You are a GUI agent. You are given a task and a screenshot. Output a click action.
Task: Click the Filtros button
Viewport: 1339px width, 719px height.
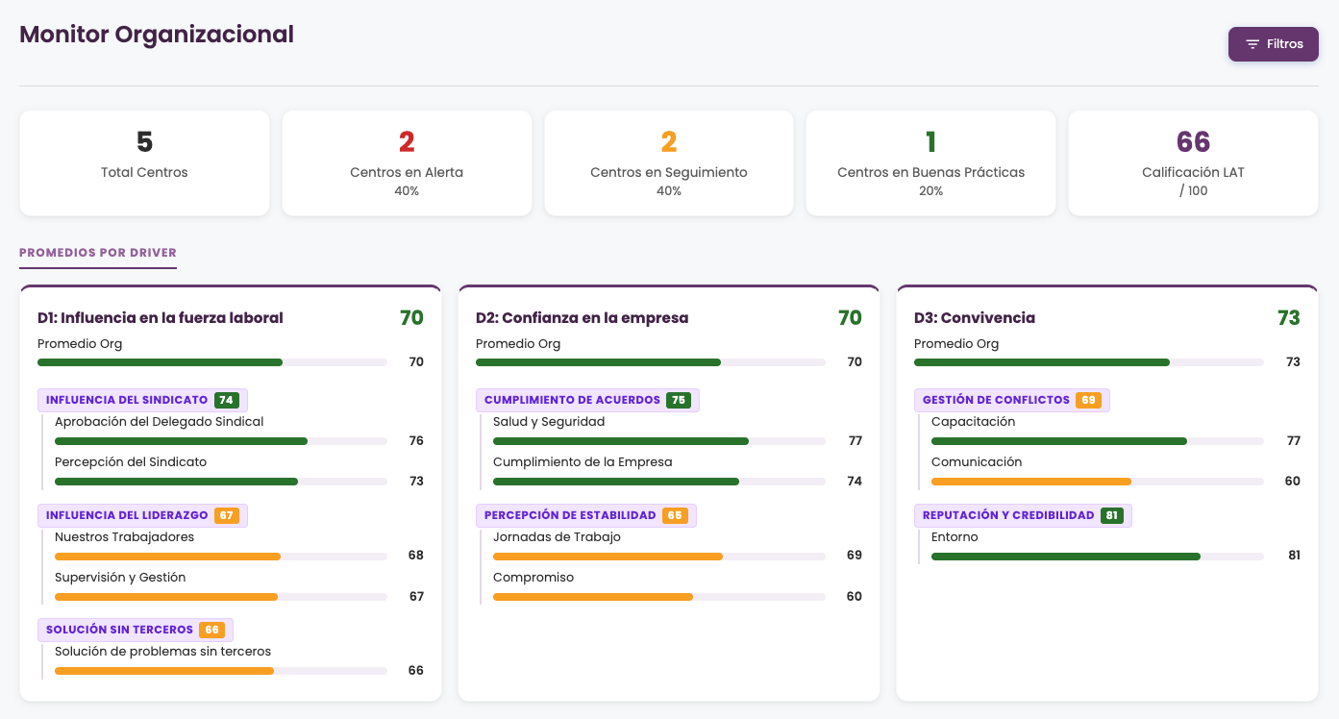(1274, 43)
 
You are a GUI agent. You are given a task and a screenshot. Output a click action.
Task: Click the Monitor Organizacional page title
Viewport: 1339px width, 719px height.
(157, 34)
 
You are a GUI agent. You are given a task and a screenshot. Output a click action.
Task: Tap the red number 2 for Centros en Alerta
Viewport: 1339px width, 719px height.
(407, 141)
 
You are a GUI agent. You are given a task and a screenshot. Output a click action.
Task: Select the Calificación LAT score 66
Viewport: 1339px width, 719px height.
(1193, 141)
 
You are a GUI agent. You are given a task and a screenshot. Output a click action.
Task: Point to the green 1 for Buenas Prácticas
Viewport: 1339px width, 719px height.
(930, 141)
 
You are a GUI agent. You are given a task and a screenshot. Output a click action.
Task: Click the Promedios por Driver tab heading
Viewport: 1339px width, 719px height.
(98, 252)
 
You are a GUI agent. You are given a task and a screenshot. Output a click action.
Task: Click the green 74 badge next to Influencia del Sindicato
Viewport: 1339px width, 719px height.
(227, 400)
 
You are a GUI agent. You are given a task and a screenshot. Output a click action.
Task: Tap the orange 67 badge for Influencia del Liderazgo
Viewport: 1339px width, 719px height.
(227, 515)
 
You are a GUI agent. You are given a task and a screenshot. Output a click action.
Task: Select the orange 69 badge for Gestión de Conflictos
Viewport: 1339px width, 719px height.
(1088, 400)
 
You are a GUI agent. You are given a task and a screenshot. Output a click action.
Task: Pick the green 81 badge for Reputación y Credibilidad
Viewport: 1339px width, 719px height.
(1112, 515)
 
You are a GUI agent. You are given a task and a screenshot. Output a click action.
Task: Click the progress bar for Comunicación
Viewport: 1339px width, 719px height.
(1098, 482)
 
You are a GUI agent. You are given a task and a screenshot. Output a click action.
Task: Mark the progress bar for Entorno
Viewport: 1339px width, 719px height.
(1098, 557)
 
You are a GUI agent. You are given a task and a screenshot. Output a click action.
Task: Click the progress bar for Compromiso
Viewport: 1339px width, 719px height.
(658, 597)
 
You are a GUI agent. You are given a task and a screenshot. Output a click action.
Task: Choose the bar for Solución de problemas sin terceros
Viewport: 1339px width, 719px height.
(220, 671)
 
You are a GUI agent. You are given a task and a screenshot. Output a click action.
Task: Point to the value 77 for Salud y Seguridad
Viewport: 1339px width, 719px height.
(855, 440)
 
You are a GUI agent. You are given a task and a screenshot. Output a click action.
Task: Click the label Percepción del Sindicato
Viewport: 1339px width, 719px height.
(131, 462)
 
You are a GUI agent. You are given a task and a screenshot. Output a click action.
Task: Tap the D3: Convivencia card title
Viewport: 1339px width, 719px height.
(975, 317)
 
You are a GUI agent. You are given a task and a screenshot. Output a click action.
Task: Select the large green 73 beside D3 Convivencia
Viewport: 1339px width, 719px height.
(1289, 317)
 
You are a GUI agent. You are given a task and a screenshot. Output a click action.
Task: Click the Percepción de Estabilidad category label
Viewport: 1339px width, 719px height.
(570, 515)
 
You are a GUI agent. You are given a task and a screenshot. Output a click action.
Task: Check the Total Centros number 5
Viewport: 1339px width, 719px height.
(144, 141)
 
